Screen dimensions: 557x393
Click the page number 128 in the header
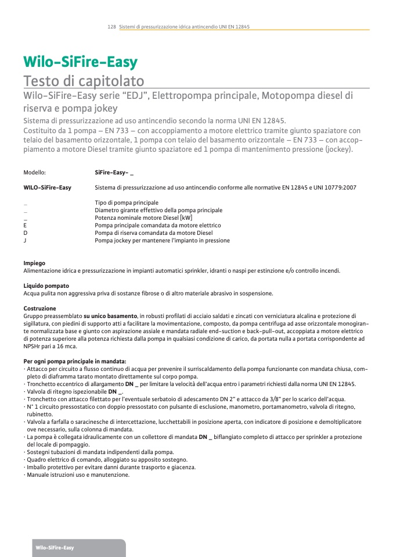111,27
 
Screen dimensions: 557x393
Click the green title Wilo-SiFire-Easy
80,62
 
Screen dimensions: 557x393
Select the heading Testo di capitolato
84,80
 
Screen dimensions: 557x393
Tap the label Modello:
34,173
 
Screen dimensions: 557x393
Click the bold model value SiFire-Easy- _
114,173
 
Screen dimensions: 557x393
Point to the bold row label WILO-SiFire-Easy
47,187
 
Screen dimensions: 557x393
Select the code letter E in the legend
25,225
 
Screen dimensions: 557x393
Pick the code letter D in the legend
25,233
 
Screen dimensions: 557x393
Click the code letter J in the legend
25,240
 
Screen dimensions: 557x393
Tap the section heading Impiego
34,263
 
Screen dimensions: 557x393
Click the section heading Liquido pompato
46,285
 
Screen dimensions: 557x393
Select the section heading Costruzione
40,308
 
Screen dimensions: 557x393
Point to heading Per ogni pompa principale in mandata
75,361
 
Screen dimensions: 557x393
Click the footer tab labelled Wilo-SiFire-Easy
55,548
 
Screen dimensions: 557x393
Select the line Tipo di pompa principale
127,202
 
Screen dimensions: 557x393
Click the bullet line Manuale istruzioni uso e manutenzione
78,474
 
